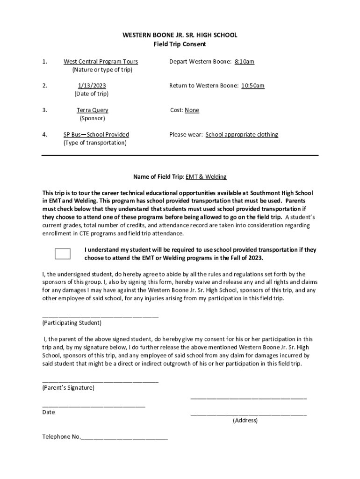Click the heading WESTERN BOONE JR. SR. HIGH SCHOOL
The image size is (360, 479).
click(x=180, y=35)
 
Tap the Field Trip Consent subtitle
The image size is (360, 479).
click(x=180, y=44)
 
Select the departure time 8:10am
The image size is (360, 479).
click(x=244, y=62)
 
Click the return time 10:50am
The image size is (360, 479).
click(x=252, y=86)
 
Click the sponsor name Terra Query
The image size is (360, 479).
click(x=92, y=110)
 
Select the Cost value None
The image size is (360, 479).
click(x=192, y=110)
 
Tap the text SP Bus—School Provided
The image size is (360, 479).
click(x=96, y=135)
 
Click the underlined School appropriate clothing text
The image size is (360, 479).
click(x=242, y=135)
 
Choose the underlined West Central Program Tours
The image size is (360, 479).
click(x=101, y=62)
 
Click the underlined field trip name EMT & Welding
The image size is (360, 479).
click(x=206, y=177)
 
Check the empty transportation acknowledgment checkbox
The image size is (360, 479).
click(x=63, y=254)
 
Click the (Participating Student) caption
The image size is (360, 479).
click(x=72, y=323)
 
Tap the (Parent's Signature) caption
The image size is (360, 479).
click(x=68, y=388)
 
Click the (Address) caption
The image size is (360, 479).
click(x=245, y=420)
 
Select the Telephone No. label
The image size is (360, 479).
click(x=61, y=437)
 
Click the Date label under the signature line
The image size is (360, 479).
click(x=48, y=412)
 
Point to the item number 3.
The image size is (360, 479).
click(x=44, y=110)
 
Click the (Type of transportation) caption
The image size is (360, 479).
click(x=95, y=143)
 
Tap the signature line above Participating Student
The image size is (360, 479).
click(x=100, y=316)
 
